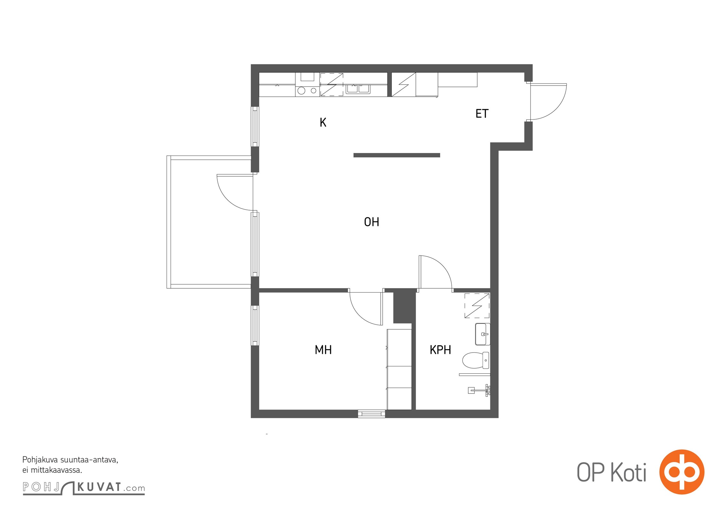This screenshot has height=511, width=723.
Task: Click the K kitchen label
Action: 323,122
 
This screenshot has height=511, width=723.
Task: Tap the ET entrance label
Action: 482,114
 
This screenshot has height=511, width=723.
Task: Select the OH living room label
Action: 371,222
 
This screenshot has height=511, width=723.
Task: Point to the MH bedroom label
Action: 323,350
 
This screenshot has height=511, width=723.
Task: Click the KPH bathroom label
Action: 440,350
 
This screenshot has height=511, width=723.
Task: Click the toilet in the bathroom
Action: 476,360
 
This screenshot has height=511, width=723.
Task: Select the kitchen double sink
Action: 358,88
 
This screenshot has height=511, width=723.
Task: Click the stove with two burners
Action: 307,91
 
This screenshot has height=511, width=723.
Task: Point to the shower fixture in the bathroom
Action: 479,390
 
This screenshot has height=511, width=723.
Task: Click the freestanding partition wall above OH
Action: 397,155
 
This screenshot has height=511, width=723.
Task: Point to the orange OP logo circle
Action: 682,472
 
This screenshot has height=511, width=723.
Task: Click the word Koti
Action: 628,472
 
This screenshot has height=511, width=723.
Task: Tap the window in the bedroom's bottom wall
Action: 371,414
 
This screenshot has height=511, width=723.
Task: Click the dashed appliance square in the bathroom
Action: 477,306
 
